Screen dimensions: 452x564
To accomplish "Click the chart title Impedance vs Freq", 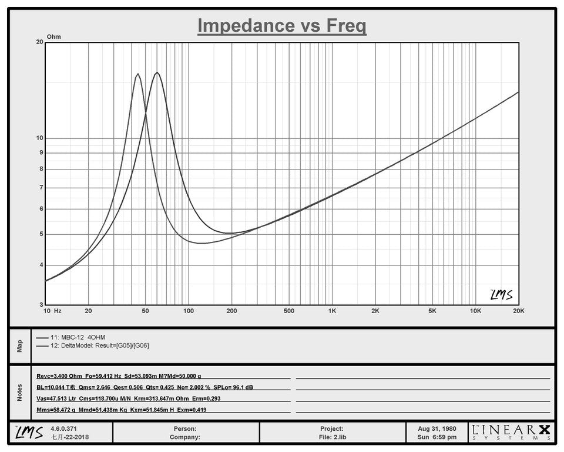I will click(x=281, y=25).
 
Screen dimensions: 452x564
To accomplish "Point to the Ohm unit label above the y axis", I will click(x=54, y=36).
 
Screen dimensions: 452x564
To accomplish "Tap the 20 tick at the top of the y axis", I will click(x=39, y=42).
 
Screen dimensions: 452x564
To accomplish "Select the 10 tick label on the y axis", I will click(x=39, y=138).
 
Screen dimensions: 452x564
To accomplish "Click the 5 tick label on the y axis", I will click(x=41, y=234).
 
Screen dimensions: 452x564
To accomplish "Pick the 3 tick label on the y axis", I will click(x=41, y=305).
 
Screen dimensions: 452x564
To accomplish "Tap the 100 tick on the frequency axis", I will click(x=188, y=311).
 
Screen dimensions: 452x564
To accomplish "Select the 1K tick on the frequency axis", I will click(x=332, y=311).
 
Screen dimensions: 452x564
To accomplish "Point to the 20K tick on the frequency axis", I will click(x=518, y=311).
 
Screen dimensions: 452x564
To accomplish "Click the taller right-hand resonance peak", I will click(x=157, y=72).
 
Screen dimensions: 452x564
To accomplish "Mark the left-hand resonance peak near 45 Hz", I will click(x=138, y=74).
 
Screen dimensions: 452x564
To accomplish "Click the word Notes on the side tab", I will click(x=19, y=393).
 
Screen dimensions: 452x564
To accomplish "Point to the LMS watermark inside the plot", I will click(x=501, y=294).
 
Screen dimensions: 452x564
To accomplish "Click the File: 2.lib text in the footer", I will click(x=332, y=437).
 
